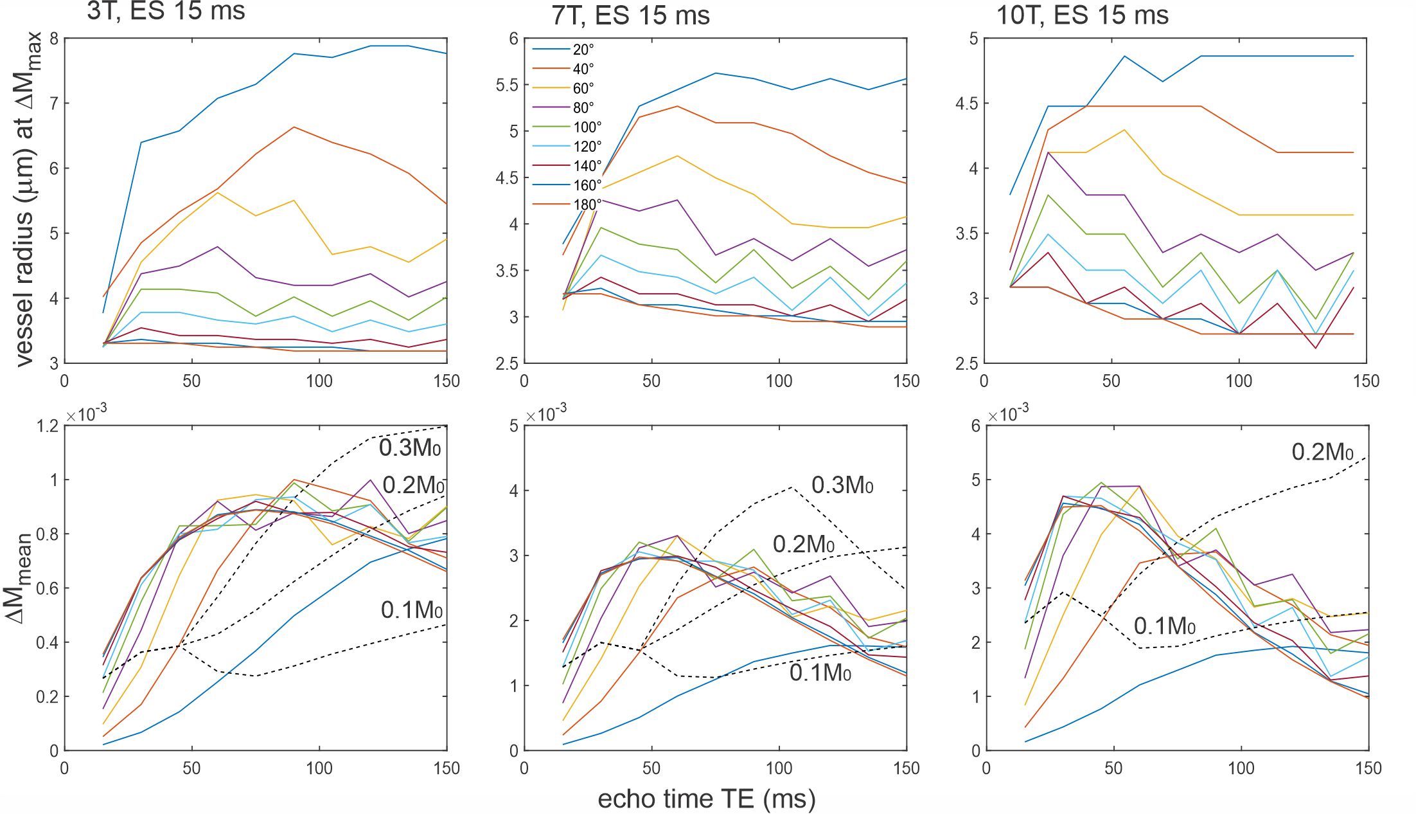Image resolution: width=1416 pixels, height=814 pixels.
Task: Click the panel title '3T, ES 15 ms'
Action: (x=166, y=12)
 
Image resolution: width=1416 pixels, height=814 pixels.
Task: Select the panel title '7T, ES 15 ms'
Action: (x=630, y=15)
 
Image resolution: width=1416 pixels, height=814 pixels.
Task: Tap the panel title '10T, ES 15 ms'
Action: (x=1082, y=15)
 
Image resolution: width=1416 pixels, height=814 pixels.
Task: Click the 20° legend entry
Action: (x=583, y=50)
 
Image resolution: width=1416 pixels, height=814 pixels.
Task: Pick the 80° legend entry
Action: (x=583, y=108)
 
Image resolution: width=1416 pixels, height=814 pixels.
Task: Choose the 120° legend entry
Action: (x=587, y=147)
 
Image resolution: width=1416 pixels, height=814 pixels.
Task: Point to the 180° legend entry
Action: (x=587, y=204)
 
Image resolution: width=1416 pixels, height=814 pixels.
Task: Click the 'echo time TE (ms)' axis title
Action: (x=707, y=799)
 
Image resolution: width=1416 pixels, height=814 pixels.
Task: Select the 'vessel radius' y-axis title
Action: (x=26, y=199)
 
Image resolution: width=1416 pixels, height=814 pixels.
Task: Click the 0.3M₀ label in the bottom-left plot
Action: (x=410, y=448)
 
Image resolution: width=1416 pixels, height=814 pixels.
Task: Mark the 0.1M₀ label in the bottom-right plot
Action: (x=1164, y=626)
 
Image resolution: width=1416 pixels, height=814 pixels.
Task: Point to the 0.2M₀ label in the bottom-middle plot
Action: (x=803, y=545)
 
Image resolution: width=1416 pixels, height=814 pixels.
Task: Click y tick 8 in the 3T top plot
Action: (x=54, y=39)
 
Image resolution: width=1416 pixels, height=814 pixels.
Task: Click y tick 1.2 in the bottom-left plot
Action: (x=48, y=426)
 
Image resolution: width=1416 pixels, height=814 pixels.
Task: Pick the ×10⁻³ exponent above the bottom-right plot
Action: (x=1007, y=415)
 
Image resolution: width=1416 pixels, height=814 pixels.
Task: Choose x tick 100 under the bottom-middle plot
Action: (x=779, y=768)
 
